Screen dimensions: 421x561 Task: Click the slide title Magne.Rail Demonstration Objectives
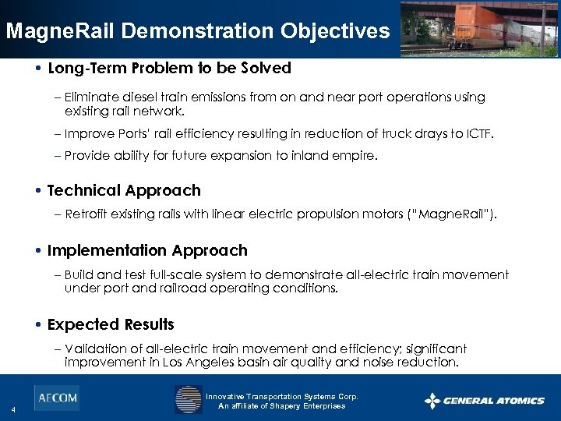(197, 31)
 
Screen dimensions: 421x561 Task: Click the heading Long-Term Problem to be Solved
(169, 68)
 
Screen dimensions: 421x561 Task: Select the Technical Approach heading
(124, 190)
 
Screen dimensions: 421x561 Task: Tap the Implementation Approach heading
(147, 250)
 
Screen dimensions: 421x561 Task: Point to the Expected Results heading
(111, 324)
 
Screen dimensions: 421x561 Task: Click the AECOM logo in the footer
(56, 398)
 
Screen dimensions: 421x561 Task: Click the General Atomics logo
(484, 401)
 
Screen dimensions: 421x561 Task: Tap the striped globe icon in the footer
(188, 399)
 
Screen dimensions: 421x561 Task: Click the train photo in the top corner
(479, 29)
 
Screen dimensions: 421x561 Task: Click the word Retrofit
(87, 214)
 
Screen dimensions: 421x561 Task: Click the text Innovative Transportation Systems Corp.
(281, 397)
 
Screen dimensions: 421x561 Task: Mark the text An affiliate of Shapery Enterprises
(281, 406)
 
